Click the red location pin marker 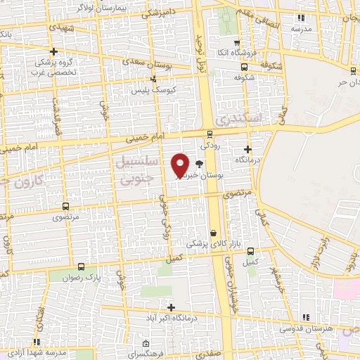(x=181, y=165)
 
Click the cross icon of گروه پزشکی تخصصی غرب (x=53, y=51)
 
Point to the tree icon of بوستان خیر (x=200, y=164)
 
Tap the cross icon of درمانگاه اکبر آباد (x=171, y=307)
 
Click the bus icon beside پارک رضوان (x=81, y=266)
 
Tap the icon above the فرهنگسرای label (x=146, y=344)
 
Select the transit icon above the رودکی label (x=210, y=134)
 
